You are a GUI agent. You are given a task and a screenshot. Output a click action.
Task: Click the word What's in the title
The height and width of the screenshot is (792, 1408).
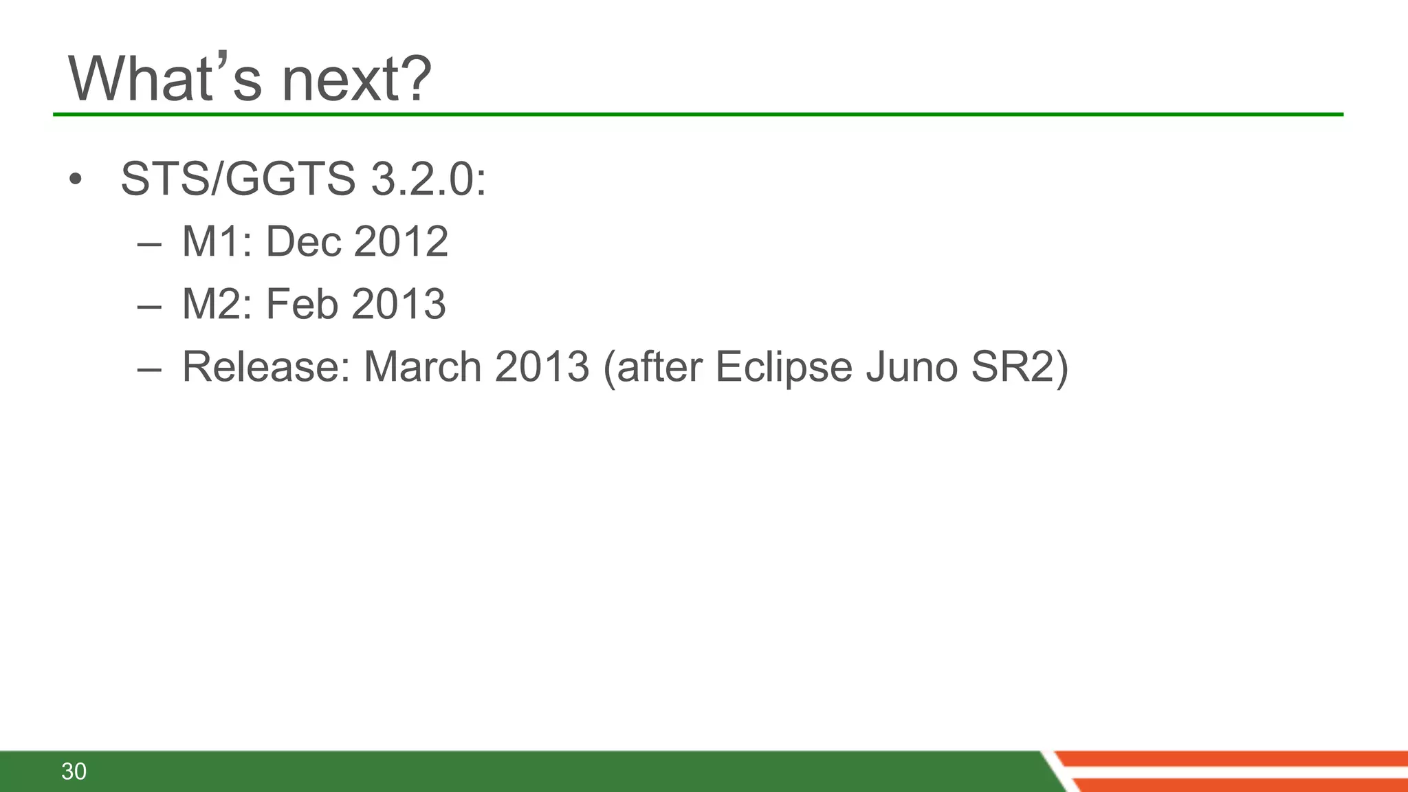point(165,79)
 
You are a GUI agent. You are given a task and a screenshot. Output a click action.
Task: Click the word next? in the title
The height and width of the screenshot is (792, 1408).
point(357,79)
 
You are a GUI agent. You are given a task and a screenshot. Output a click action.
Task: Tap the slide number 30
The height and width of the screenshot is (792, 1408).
point(74,771)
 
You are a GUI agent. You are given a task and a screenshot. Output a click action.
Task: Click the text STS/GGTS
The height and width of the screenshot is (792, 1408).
point(238,179)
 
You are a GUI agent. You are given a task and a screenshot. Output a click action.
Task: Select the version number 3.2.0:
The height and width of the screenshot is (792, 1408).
point(428,179)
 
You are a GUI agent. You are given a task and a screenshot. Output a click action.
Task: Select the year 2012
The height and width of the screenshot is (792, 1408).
point(401,242)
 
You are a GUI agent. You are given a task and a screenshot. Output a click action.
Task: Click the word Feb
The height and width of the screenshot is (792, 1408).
point(302,304)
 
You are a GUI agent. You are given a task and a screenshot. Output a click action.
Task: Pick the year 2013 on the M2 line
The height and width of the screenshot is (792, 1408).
point(399,304)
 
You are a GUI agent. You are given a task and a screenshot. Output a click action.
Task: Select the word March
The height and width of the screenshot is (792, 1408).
point(422,366)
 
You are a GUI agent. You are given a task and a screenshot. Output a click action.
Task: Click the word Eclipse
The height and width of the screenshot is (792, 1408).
point(784,366)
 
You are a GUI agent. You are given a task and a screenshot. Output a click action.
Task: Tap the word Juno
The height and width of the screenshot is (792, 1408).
point(912,366)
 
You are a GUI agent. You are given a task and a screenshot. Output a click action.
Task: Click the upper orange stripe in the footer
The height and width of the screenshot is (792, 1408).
point(1237,758)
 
